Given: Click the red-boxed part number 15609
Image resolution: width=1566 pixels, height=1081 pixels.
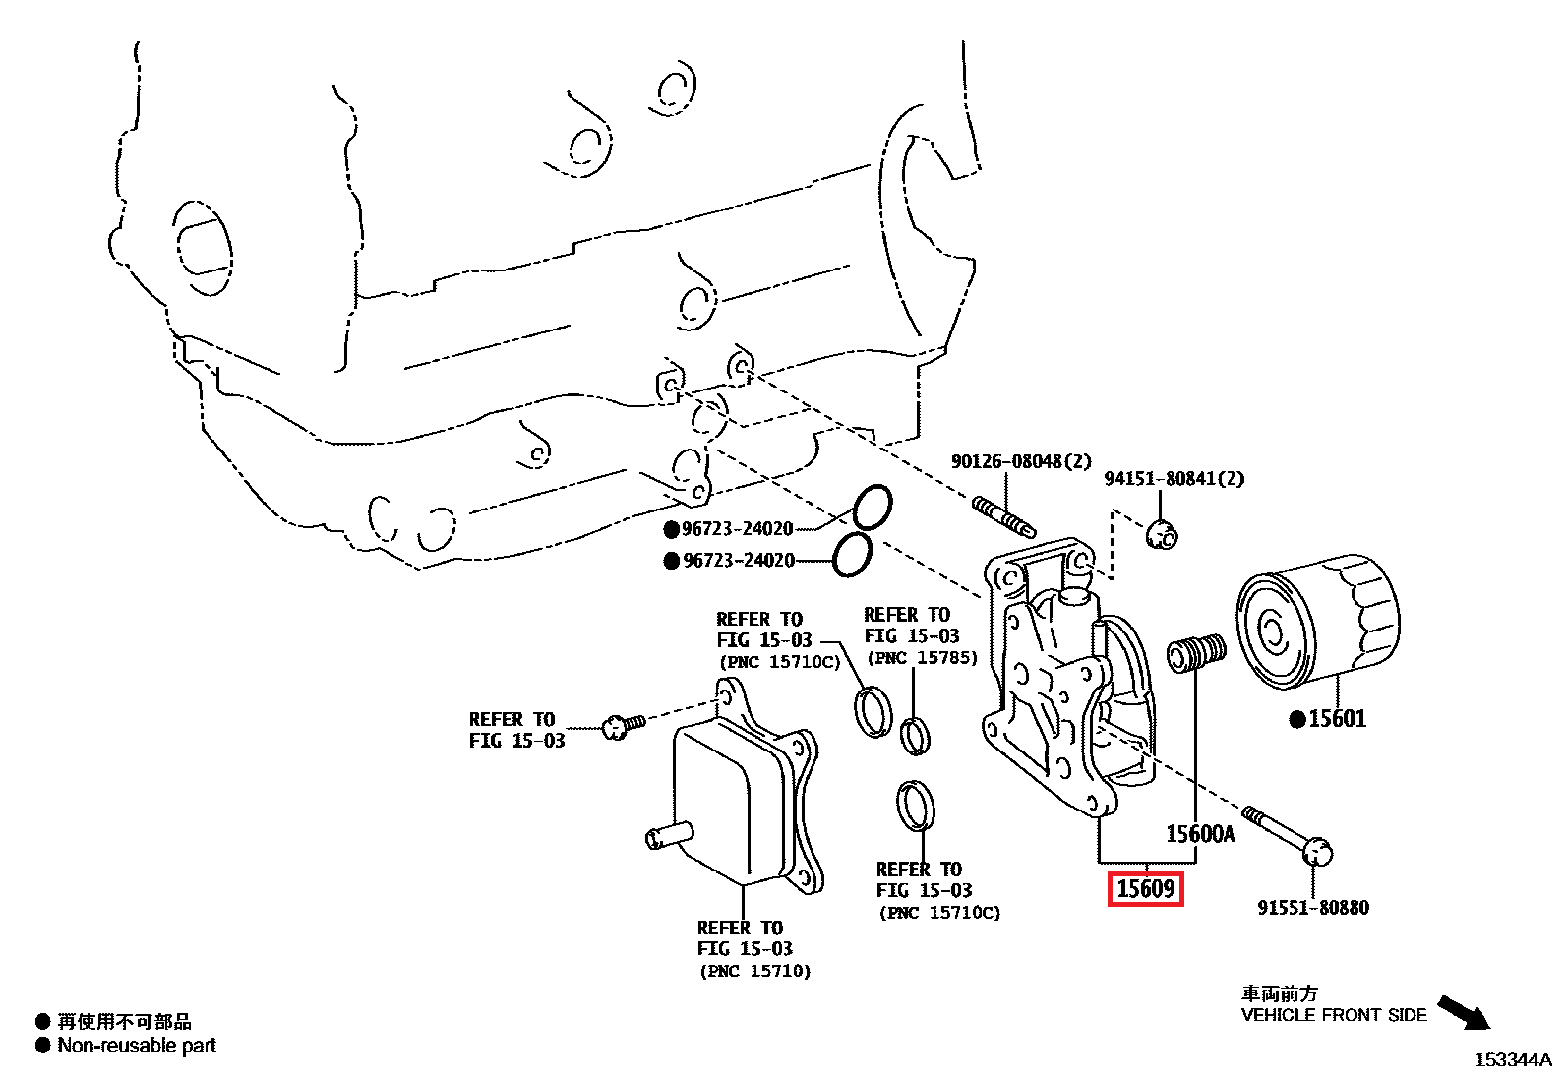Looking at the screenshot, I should click(1145, 889).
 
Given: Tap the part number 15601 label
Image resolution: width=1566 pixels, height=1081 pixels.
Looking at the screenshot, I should click(1337, 719).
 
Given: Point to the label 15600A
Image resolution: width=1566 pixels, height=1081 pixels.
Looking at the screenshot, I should click(1200, 834).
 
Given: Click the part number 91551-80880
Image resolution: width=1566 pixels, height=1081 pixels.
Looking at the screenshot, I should click(1312, 908).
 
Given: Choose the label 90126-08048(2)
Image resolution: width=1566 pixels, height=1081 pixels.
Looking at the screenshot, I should click(1021, 461).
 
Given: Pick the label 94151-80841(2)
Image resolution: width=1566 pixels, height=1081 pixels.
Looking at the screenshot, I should click(1174, 479).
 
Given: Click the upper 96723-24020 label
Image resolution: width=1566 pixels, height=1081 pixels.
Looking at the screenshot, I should click(737, 529).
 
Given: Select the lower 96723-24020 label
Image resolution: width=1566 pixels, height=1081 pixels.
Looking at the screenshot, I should click(739, 561).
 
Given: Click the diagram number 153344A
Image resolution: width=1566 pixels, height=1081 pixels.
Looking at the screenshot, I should click(1512, 1059).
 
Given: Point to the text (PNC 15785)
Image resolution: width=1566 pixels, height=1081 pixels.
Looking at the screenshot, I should click(922, 658).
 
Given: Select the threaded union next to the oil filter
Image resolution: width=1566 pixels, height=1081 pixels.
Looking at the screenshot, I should click(1196, 652).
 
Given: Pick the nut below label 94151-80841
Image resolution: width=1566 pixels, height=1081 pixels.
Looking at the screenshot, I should click(1163, 534).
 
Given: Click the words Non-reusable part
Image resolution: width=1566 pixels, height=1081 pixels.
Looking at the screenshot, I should click(137, 1046).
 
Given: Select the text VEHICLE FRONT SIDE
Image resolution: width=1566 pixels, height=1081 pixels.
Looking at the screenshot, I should click(1333, 1015).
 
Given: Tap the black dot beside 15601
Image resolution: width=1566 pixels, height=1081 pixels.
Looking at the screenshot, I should click(1297, 720).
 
